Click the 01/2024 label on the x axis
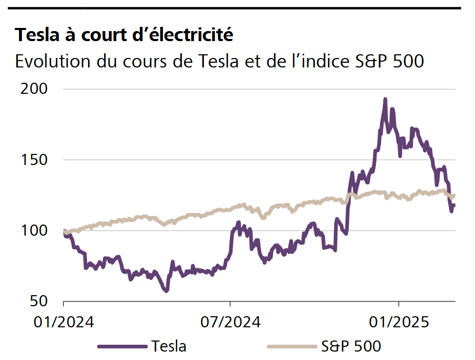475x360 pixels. [x=64, y=322]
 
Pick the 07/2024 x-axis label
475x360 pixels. [x=230, y=322]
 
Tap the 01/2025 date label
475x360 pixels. [x=399, y=322]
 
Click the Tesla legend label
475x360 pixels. [x=169, y=346]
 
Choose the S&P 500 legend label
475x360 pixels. [x=351, y=346]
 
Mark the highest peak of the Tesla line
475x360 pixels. [x=385, y=99]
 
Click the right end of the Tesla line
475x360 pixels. [x=454, y=205]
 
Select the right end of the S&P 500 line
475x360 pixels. [x=454, y=196]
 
